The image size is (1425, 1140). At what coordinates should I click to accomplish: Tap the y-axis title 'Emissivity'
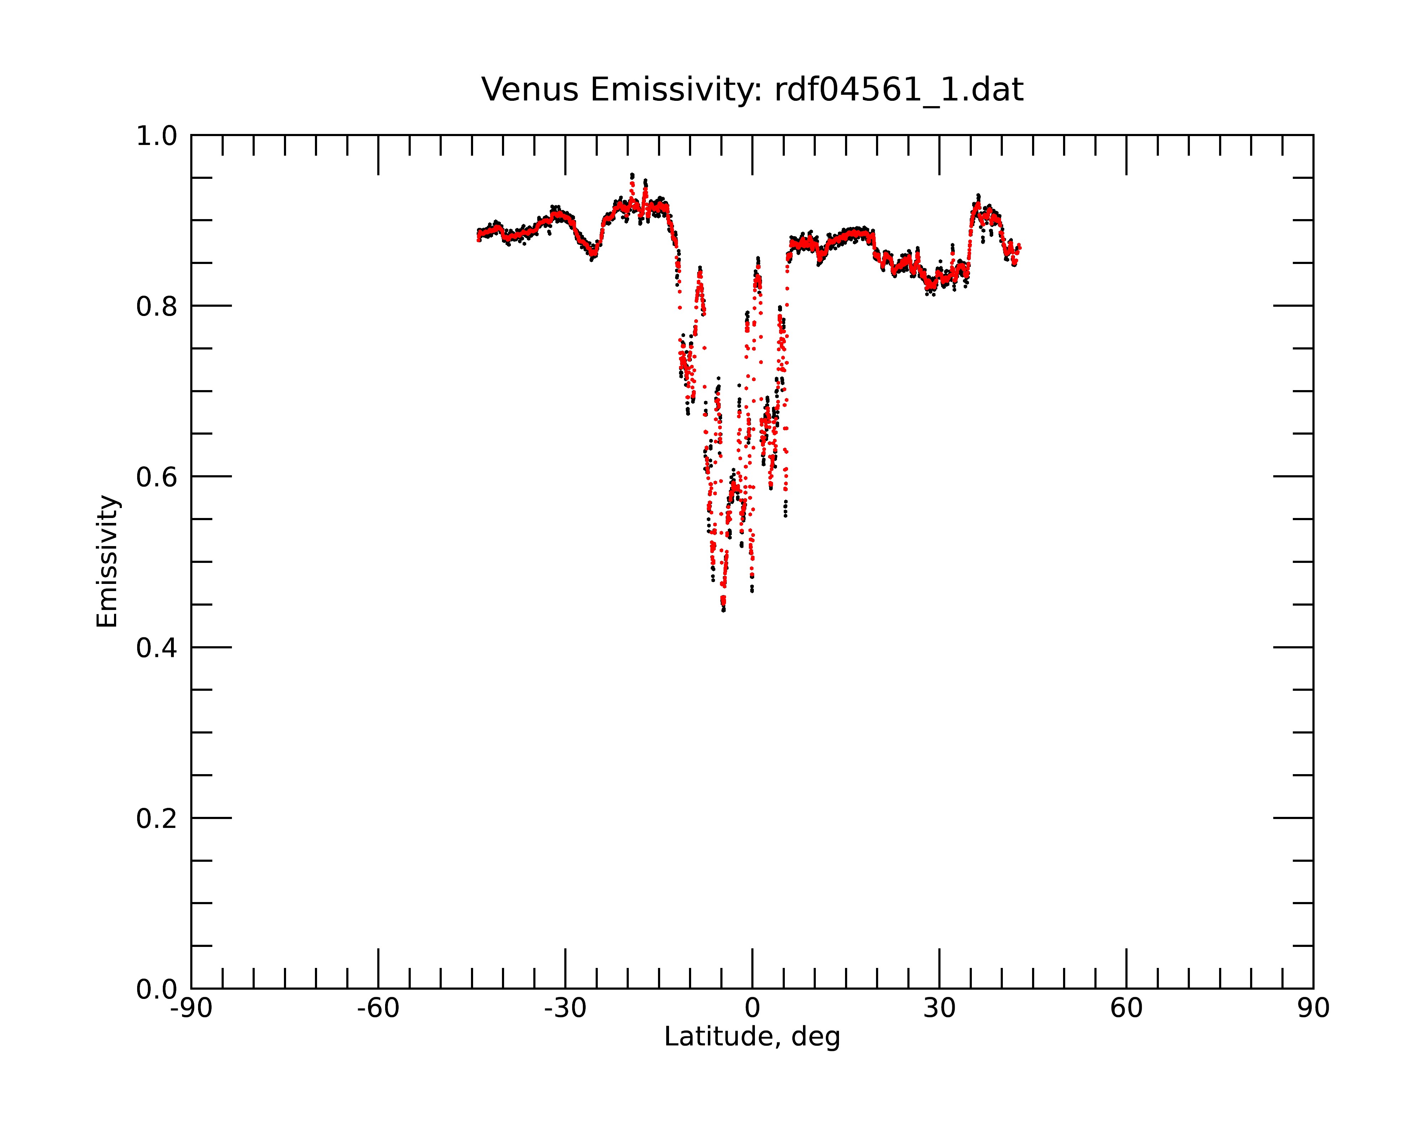click(x=107, y=561)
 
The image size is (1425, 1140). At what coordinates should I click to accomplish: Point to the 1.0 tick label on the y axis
click(x=157, y=136)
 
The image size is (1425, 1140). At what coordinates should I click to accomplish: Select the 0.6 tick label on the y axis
click(x=157, y=477)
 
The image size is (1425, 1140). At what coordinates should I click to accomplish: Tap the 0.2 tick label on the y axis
click(x=157, y=819)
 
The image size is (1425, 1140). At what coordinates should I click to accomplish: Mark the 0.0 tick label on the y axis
click(x=157, y=989)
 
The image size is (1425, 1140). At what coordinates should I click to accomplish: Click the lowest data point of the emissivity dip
click(x=724, y=610)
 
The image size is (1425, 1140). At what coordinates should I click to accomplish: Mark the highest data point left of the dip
click(x=632, y=175)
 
